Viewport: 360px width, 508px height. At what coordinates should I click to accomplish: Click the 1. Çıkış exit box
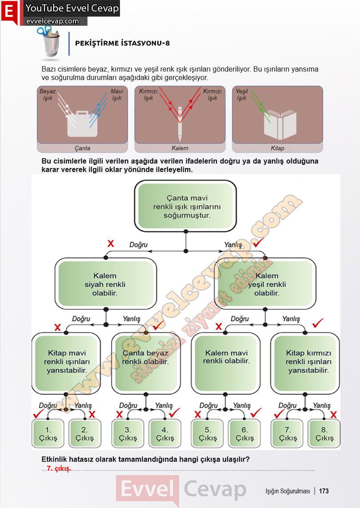tap(48, 433)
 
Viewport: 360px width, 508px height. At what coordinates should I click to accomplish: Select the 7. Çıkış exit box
tap(288, 433)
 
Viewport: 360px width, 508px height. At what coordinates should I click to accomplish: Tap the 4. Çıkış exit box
tap(165, 433)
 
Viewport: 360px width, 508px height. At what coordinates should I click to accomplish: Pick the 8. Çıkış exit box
tap(324, 433)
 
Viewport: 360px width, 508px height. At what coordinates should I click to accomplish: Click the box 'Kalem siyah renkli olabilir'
tap(105, 284)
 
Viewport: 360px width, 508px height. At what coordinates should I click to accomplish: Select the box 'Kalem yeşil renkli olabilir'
tap(265, 284)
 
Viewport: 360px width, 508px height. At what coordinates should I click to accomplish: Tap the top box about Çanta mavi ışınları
tap(186, 206)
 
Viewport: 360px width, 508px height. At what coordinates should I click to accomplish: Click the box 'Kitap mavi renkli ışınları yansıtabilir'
tap(66, 363)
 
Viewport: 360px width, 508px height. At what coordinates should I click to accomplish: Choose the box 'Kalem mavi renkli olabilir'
tap(226, 363)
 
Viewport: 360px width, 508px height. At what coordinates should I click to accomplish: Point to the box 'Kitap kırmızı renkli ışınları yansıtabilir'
tap(305, 363)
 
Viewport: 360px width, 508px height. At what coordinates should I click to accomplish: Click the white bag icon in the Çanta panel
tap(82, 124)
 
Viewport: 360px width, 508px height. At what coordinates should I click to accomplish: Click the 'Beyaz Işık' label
tap(48, 95)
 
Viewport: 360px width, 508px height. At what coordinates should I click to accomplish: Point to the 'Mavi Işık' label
tap(116, 95)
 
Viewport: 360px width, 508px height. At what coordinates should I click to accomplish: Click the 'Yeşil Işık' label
tap(242, 95)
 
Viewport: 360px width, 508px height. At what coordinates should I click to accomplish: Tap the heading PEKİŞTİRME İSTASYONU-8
tap(123, 43)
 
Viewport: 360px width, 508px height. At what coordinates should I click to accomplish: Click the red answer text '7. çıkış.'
tap(59, 468)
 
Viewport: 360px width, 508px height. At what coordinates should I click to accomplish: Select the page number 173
tap(324, 491)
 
